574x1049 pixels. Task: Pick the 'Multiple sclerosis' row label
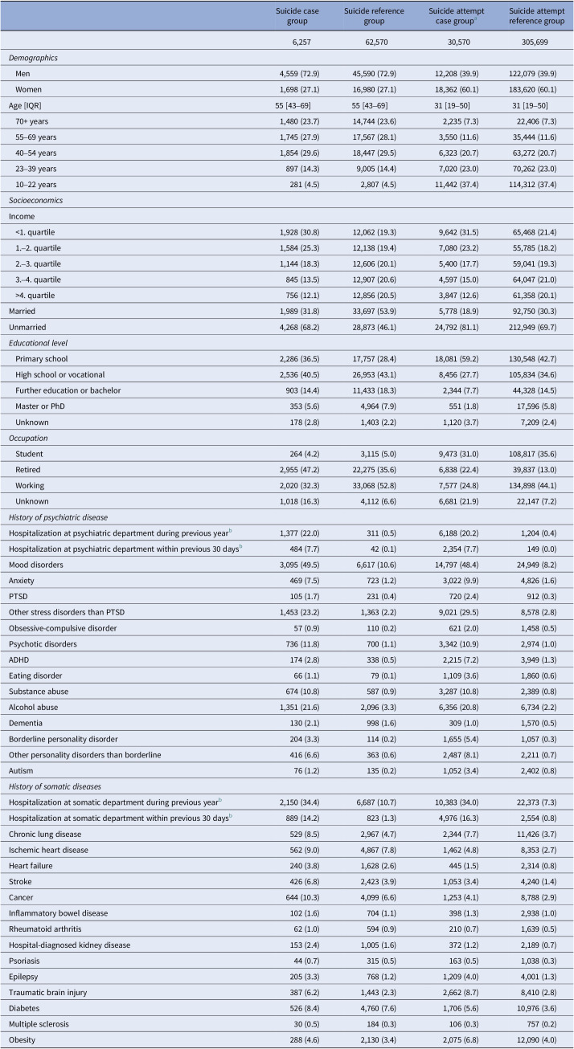click(43, 1020)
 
